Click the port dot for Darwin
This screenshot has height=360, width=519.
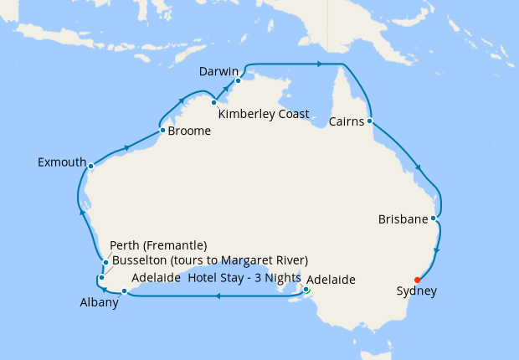point(239,81)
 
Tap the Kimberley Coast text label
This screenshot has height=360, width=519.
point(264,114)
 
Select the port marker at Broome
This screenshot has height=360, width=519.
point(162,130)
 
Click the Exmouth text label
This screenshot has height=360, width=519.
point(61,162)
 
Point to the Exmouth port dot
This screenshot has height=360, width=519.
point(91,166)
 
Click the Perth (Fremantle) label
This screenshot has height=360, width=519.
point(158,245)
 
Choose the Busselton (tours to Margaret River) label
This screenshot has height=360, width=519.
point(210,260)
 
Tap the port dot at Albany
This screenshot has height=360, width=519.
point(124,291)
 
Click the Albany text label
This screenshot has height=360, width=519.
point(99,302)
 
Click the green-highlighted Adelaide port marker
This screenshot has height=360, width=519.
point(306,291)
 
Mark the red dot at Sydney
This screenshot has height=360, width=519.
point(417,280)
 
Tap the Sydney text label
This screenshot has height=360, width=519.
point(417,292)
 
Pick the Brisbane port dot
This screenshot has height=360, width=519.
point(433,219)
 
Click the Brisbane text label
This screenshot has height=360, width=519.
point(402,219)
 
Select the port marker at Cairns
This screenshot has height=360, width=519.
point(369,121)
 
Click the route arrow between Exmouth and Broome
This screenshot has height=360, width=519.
point(126,148)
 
